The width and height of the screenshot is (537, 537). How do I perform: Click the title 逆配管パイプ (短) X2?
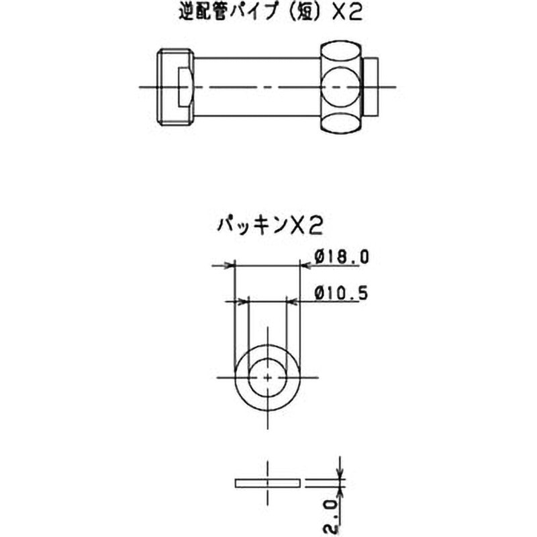(x=271, y=13)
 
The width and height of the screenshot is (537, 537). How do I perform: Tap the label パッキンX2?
(x=270, y=226)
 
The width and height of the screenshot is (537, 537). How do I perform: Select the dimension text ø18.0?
(x=342, y=257)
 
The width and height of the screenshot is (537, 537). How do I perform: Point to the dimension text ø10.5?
(x=341, y=293)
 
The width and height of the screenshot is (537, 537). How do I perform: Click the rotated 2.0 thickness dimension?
(x=332, y=518)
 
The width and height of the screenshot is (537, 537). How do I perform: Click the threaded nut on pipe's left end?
(x=176, y=87)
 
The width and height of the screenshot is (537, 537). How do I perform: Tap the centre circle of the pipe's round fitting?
(x=341, y=87)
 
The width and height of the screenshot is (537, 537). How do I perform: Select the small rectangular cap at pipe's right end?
(x=371, y=87)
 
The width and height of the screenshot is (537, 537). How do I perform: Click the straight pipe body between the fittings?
(x=258, y=87)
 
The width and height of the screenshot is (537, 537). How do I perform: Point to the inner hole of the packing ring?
(x=267, y=378)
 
